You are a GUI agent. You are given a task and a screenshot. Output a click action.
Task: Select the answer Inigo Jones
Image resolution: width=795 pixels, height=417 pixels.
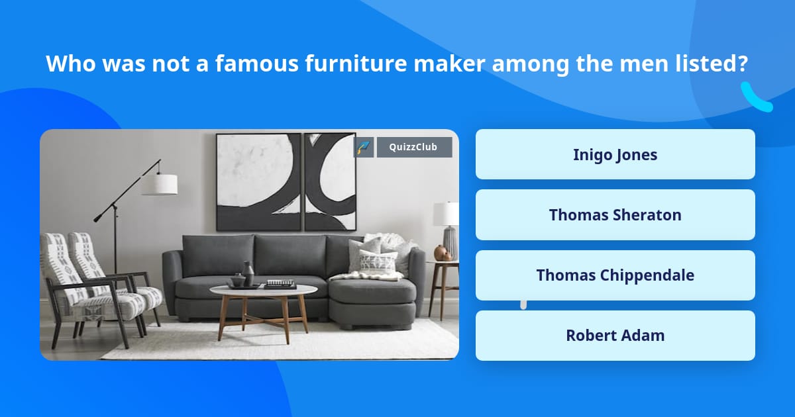point(615,154)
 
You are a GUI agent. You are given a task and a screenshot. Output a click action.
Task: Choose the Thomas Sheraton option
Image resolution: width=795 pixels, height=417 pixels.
point(615,214)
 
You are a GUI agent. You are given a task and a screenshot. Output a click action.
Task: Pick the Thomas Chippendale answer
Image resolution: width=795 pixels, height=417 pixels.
point(615,275)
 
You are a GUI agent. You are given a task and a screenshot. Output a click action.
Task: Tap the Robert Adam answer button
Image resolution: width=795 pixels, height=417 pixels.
point(615,335)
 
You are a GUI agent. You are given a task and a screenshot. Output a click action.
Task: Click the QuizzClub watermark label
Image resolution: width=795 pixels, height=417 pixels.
point(414,147)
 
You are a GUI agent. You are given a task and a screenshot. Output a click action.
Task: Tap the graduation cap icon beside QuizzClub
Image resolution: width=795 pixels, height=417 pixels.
point(364,147)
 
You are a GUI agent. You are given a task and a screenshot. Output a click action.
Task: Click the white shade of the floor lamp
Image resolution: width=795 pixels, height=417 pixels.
point(160,184)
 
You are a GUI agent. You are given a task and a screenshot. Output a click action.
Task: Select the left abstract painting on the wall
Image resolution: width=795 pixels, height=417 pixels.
point(258,181)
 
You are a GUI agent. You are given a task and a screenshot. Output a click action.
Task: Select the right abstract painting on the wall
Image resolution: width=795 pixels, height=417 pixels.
point(330,181)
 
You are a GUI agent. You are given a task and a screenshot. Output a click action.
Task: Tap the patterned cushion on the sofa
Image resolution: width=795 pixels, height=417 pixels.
point(379,261)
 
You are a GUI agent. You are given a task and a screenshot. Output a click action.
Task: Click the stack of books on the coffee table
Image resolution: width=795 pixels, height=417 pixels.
point(280,283)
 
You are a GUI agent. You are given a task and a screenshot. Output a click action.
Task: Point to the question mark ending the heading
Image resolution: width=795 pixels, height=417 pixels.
point(743,64)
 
